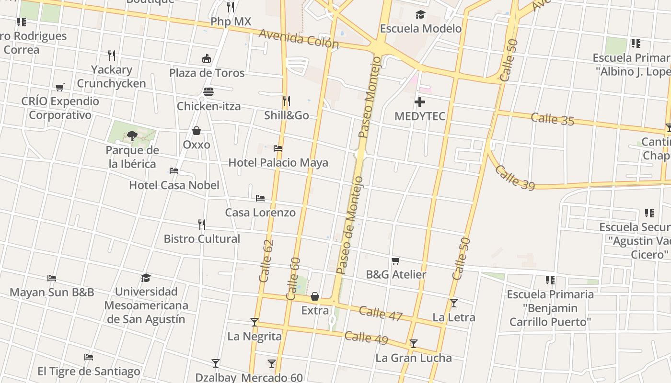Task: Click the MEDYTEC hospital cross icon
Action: [420, 102]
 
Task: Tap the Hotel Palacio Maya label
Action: [278, 163]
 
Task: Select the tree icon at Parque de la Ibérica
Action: [132, 136]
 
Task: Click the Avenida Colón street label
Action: [299, 38]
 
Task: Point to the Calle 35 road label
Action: [552, 118]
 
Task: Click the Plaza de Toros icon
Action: [207, 59]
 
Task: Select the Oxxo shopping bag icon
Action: [197, 131]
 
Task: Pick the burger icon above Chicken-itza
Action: [208, 91]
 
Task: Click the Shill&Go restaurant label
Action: [287, 115]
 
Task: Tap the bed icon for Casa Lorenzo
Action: [260, 198]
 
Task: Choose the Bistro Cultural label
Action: [202, 238]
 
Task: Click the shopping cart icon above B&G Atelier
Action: [396, 261]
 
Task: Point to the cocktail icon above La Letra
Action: [454, 303]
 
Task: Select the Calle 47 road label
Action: [381, 313]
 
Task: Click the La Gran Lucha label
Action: [413, 358]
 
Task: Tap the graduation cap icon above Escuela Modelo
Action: [420, 15]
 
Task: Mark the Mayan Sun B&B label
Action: [52, 292]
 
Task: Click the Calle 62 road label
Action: [266, 261]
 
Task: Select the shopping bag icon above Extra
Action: [315, 297]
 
